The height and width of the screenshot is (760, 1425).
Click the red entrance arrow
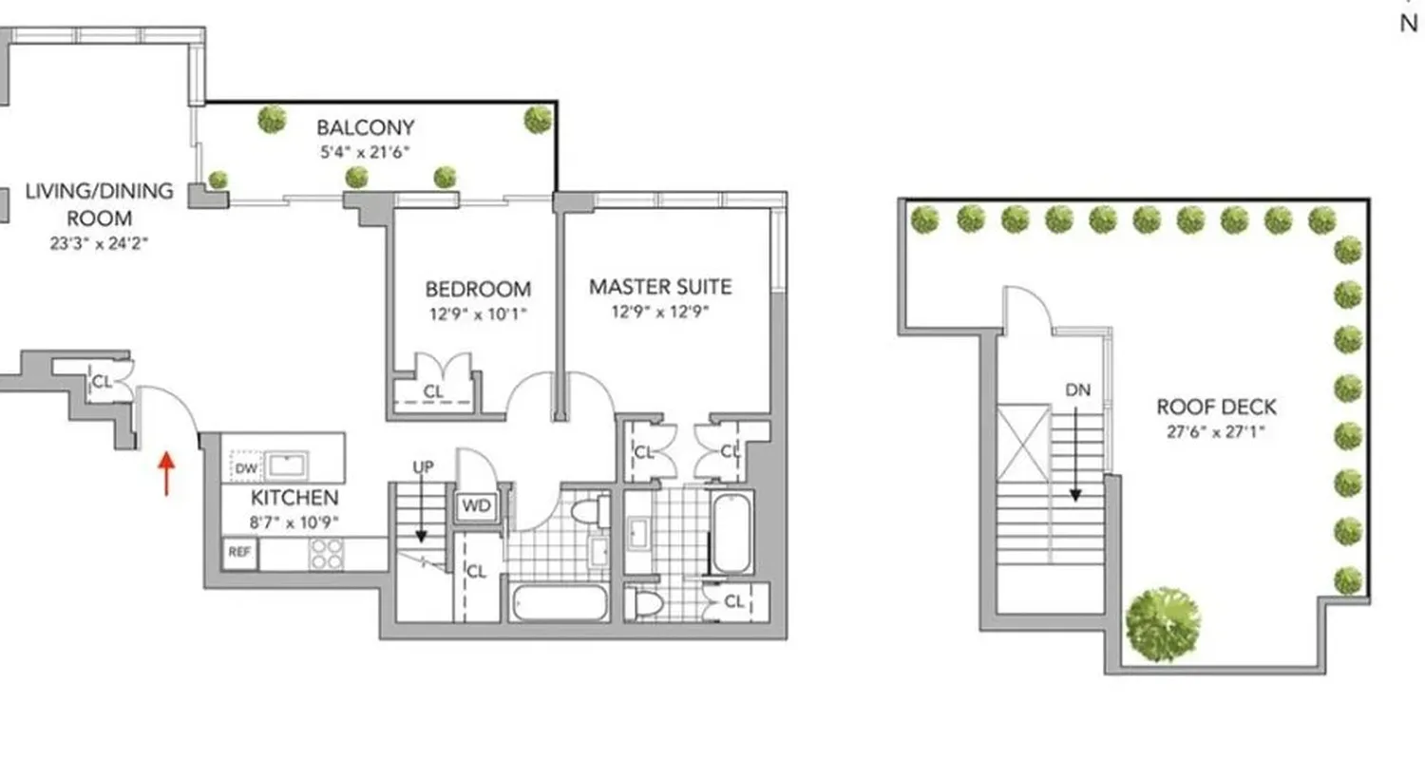point(166,473)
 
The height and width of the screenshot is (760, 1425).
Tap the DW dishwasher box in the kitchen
point(244,467)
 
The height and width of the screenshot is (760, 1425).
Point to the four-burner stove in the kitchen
point(327,554)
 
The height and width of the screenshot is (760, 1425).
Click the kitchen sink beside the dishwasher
point(285,465)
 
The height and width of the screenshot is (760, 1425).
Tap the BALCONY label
point(365,127)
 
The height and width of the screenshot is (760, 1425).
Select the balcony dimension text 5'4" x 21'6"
point(365,151)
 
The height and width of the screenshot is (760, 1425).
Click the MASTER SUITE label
point(660,286)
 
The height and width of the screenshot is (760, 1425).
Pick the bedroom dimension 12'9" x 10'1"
point(478,313)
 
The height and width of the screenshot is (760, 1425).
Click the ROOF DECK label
point(1216,408)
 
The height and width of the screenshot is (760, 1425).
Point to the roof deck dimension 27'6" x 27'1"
point(1216,431)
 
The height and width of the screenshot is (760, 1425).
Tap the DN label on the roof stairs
point(1077,389)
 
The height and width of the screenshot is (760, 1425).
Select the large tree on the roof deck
point(1162,622)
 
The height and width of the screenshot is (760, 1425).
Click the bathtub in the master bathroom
point(732,534)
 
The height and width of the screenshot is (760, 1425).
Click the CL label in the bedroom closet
point(433,391)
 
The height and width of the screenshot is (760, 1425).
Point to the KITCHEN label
point(294,498)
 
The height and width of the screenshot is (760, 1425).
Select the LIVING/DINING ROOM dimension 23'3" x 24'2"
point(100,243)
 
